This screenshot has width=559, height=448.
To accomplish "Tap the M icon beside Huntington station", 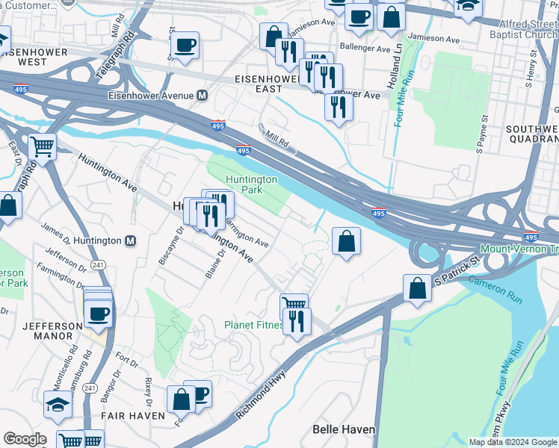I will coord(131,241).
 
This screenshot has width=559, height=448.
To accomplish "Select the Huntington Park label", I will coord(252,184).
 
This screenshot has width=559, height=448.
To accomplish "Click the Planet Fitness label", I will coord(253,325).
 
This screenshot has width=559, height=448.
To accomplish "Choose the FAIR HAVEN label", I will coord(133,415).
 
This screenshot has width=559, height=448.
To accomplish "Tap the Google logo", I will coord(25,439).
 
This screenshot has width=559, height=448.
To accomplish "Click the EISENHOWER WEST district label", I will coord(24,56).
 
